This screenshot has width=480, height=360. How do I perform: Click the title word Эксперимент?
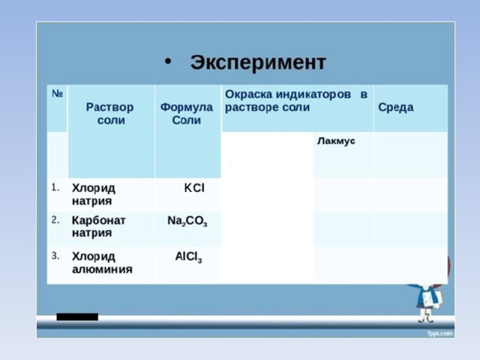click(258, 63)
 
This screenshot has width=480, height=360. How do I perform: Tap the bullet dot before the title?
click(168, 61)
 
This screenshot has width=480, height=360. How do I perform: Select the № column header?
click(57, 93)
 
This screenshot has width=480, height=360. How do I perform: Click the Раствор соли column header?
click(110, 113)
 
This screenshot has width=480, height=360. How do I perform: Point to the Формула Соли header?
click(187, 113)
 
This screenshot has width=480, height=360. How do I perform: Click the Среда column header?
click(396, 107)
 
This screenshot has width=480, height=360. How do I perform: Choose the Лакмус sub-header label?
click(336, 141)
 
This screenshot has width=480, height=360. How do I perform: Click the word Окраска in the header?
click(248, 94)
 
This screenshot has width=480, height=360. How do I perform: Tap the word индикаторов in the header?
click(313, 95)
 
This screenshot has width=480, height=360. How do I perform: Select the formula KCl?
click(194, 187)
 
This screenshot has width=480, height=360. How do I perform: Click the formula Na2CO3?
click(187, 221)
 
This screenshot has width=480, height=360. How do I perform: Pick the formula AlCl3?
click(188, 256)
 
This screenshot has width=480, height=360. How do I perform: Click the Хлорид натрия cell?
click(93, 194)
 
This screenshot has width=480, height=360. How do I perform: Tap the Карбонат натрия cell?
click(98, 226)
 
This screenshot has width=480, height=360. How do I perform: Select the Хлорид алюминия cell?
click(102, 262)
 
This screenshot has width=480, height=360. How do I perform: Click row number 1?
click(55, 187)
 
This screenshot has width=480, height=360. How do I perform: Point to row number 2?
click(55, 220)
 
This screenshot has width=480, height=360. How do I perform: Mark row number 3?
click(55, 255)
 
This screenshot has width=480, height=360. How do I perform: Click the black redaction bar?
click(77, 316)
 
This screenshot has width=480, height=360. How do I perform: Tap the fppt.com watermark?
click(440, 333)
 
